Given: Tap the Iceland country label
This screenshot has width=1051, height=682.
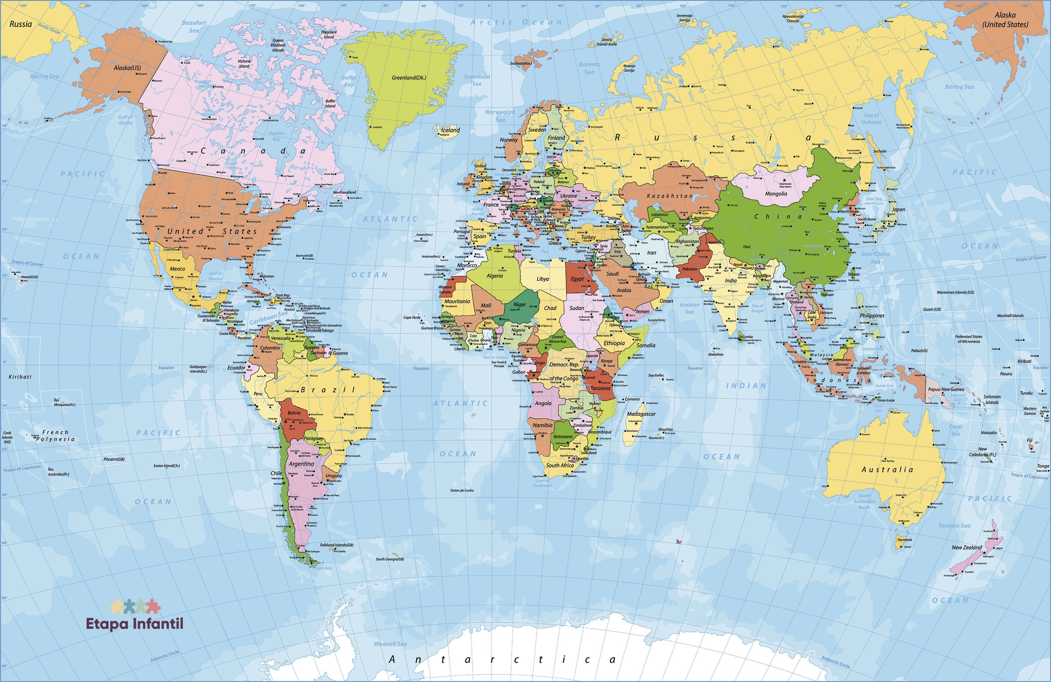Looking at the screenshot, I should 451,130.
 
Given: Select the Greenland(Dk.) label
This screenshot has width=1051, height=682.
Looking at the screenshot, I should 409,78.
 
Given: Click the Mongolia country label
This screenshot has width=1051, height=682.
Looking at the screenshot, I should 776,193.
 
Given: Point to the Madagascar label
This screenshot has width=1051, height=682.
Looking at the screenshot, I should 641,414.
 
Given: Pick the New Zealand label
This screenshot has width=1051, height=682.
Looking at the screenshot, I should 967,547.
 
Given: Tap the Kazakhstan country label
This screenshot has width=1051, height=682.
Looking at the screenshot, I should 669,196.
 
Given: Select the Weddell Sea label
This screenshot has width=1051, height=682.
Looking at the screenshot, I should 390,644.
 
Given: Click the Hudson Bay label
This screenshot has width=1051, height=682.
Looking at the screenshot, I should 276,136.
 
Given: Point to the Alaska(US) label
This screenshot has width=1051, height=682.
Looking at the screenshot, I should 127,68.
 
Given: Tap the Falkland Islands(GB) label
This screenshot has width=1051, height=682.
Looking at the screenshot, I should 337,545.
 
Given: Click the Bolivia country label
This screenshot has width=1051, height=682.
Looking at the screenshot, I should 294,413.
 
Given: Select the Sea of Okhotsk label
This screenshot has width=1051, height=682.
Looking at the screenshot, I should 871,118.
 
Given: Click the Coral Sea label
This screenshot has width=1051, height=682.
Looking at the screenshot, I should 955,430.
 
